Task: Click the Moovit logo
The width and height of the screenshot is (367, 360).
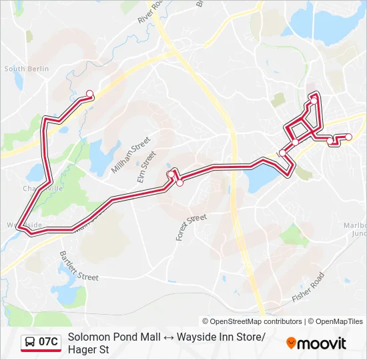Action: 316,343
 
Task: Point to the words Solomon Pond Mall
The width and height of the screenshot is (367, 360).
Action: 110,337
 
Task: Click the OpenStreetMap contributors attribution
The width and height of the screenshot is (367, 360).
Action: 252,321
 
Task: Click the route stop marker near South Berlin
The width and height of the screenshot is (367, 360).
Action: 90,94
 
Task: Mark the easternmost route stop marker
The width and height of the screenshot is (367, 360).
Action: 348,137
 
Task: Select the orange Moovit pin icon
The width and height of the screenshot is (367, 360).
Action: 291,343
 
